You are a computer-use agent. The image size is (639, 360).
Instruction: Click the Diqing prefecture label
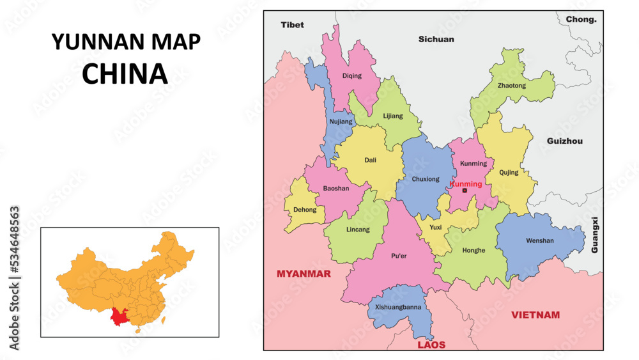pos(351,75)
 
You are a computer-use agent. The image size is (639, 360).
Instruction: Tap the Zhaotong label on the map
pos(511,85)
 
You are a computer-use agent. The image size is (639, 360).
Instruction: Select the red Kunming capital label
pos(466,184)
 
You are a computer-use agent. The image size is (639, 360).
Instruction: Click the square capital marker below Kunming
pos(465,191)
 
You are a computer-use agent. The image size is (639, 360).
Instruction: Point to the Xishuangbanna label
pos(398,306)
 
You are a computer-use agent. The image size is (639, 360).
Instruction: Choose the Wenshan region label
pos(540,240)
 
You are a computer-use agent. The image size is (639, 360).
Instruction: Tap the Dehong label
pos(304,209)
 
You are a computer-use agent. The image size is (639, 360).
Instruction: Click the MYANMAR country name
pos(304,274)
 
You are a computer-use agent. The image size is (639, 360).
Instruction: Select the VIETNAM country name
pos(535,315)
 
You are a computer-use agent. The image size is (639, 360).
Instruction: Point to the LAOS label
pos(431,345)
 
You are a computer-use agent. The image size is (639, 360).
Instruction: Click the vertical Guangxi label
pos(595,235)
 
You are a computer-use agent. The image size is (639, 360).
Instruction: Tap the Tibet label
pos(293,25)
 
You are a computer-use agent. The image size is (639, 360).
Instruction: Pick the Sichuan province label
pos(436,39)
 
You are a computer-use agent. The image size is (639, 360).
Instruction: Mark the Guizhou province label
pos(565,141)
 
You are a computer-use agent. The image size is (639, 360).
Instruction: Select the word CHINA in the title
pos(125,74)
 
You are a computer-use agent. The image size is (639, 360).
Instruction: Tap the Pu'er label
pos(399,256)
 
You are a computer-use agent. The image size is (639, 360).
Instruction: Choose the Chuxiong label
pos(426,179)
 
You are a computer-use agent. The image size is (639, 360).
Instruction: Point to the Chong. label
pos(581,19)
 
